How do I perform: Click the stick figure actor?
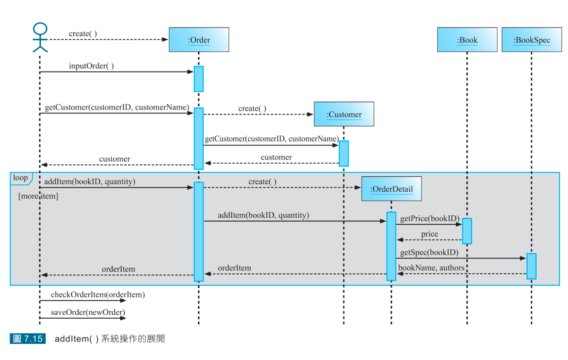(x=40, y=37)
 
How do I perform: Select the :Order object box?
(x=199, y=40)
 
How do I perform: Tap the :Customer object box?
(x=344, y=114)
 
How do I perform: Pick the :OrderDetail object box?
(x=391, y=189)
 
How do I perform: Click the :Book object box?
(x=467, y=40)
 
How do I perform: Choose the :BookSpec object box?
(x=531, y=40)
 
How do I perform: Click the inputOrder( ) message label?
(x=91, y=66)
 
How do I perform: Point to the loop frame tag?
(x=21, y=178)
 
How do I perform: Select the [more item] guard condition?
(x=38, y=196)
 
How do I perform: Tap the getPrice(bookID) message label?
(x=429, y=218)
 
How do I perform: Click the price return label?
(x=429, y=234)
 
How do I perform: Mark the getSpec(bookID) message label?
(x=429, y=252)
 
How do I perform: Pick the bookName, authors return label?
(x=431, y=268)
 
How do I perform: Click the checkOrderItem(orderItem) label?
(x=98, y=294)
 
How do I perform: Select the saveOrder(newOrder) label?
(x=88, y=312)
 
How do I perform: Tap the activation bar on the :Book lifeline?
(x=467, y=231)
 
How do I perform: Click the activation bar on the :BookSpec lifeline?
(x=531, y=266)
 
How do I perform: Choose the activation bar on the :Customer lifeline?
(x=344, y=154)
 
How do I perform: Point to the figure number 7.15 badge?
(x=28, y=339)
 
